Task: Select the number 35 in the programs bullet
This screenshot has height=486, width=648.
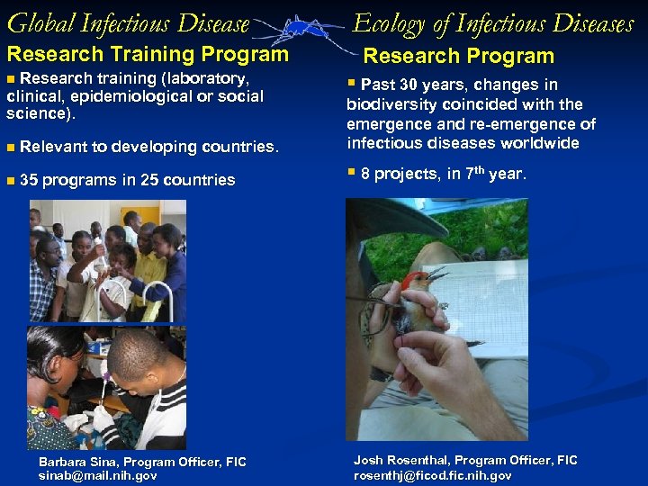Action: (28, 180)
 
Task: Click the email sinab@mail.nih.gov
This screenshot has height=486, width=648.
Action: (97, 475)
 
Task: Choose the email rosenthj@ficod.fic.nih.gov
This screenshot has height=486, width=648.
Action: (433, 475)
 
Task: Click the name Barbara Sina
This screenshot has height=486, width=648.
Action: (80, 462)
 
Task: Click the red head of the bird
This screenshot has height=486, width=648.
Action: (415, 280)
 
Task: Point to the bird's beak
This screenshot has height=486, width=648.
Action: (438, 273)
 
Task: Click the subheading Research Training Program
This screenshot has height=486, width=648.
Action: (148, 54)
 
